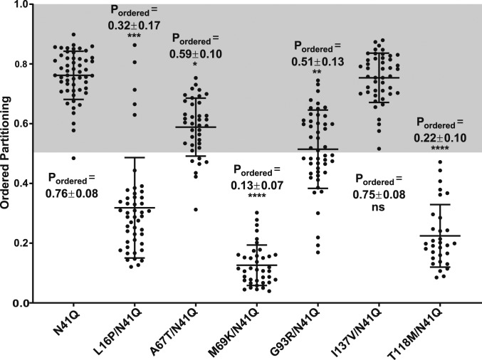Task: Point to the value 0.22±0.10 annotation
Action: (x=442, y=137)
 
